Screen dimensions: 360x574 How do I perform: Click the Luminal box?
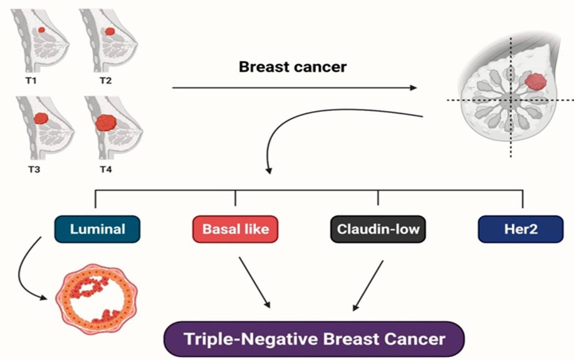point(97,229)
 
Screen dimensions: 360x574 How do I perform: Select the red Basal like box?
point(235,229)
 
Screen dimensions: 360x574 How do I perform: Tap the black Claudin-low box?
point(378,229)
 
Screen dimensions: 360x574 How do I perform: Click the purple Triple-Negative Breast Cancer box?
point(314,339)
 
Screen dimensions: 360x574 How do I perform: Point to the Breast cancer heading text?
point(293,67)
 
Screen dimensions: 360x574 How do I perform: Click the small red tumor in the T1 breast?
point(41,29)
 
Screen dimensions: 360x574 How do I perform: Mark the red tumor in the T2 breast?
point(110,31)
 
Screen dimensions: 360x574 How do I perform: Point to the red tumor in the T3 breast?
point(41,118)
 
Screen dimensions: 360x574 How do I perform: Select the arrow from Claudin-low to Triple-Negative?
point(368,285)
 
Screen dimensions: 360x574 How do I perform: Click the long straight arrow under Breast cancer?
point(295,88)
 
